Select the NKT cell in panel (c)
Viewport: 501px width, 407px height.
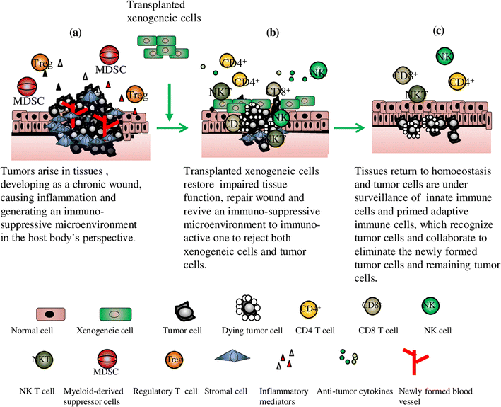[416, 93]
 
